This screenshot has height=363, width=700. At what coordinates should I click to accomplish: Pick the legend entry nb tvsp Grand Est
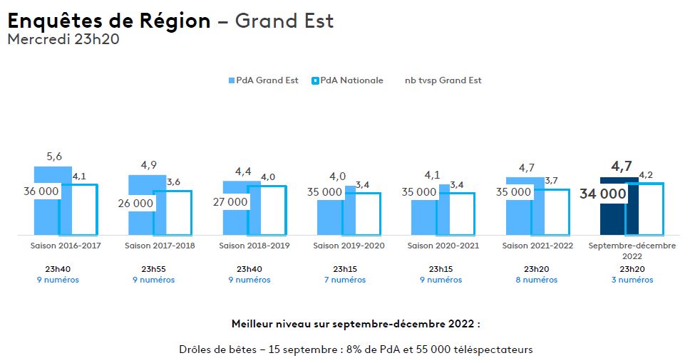[x=443, y=80]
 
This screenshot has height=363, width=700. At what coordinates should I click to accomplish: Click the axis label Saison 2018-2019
[x=254, y=246]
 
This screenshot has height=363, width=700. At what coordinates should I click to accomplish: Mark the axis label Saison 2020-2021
[x=443, y=246]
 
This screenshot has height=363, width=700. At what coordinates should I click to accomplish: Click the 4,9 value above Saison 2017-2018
[x=148, y=166]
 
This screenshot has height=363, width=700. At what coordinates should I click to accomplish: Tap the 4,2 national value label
[x=647, y=174]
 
